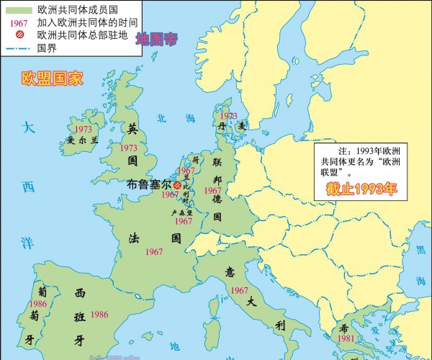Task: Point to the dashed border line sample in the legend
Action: [x=18, y=48]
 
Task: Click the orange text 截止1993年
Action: [x=361, y=190]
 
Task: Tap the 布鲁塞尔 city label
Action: [x=149, y=184]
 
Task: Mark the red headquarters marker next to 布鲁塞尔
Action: [x=177, y=185]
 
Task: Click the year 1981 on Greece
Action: [x=346, y=338]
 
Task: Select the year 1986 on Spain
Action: [x=99, y=315]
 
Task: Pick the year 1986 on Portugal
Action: [x=38, y=305]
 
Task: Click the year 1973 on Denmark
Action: [x=228, y=115]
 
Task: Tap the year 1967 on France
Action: [x=153, y=252]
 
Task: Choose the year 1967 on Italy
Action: [x=240, y=290]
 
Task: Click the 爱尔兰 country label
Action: [x=82, y=140]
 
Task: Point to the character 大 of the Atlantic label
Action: [x=27, y=128]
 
